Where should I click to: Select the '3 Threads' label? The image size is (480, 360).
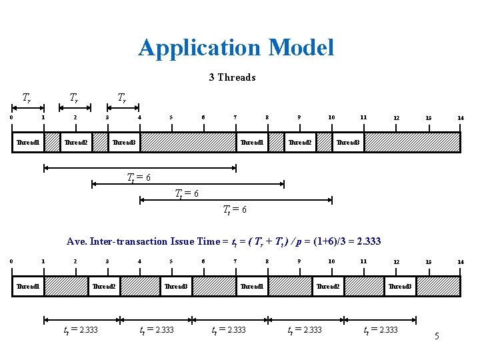(x=232, y=77)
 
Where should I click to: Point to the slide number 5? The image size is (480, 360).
(x=437, y=336)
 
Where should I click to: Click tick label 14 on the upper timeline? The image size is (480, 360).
(x=460, y=118)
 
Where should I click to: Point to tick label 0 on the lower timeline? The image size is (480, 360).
(x=11, y=261)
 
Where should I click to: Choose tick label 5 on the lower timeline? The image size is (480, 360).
(x=171, y=261)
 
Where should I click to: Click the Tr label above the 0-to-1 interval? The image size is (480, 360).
(x=27, y=98)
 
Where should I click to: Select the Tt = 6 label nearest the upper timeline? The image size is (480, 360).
(x=139, y=177)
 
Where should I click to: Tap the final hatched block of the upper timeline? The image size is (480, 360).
(x=412, y=142)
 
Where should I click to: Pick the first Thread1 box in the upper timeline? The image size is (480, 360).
(x=28, y=142)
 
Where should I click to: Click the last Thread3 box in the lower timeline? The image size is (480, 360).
(x=399, y=286)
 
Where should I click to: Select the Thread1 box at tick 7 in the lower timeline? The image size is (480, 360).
(x=251, y=286)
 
